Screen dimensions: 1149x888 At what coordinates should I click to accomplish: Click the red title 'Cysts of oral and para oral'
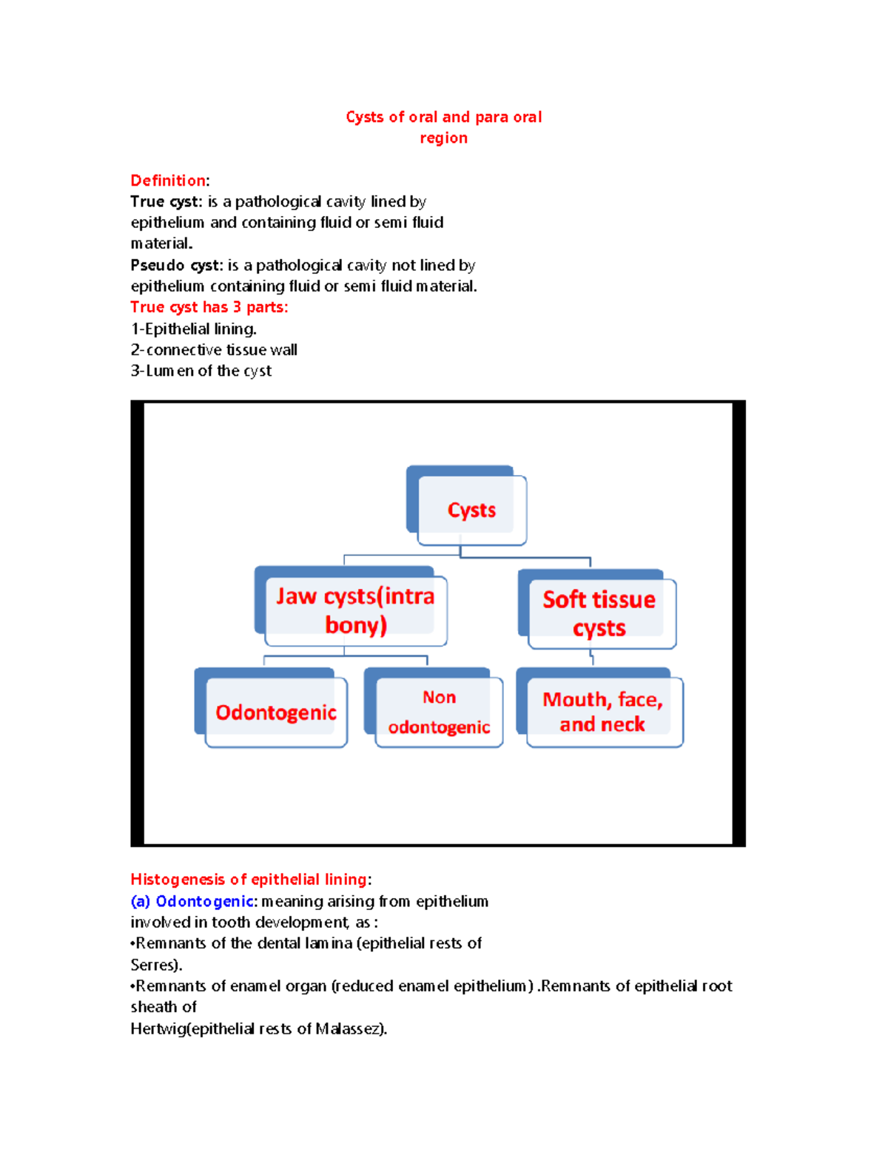[x=443, y=117]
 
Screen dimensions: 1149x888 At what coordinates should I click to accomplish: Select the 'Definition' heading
[x=168, y=181]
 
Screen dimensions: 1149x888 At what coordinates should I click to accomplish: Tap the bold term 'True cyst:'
[x=166, y=201]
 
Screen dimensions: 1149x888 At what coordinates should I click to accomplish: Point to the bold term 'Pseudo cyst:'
[x=176, y=265]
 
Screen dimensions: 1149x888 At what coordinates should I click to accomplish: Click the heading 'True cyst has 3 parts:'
[x=209, y=307]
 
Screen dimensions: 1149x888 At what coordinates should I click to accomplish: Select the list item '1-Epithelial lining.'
[x=193, y=328]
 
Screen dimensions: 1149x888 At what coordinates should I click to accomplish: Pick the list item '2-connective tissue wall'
[x=214, y=349]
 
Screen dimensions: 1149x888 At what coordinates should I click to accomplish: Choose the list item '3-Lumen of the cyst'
[x=201, y=371]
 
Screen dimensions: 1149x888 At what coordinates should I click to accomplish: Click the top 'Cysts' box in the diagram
[x=471, y=510]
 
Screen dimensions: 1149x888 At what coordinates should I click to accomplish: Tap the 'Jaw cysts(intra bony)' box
[x=355, y=610]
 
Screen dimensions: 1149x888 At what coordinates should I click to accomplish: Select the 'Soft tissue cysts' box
[x=599, y=613]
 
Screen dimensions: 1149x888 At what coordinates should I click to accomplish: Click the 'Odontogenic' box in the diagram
[x=275, y=712]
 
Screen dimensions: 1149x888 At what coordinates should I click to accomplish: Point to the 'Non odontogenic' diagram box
[x=439, y=712]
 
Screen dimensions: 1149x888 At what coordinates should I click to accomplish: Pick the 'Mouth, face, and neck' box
[x=602, y=712]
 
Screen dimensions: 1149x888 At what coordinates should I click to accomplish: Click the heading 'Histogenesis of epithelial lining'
[x=249, y=879]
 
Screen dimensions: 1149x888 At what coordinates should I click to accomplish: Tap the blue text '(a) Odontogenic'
[x=192, y=901]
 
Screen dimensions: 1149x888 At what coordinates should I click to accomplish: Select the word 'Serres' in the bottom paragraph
[x=153, y=965]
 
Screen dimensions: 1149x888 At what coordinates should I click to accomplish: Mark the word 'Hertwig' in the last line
[x=158, y=1028]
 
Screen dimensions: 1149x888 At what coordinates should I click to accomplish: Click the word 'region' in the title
[x=443, y=138]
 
